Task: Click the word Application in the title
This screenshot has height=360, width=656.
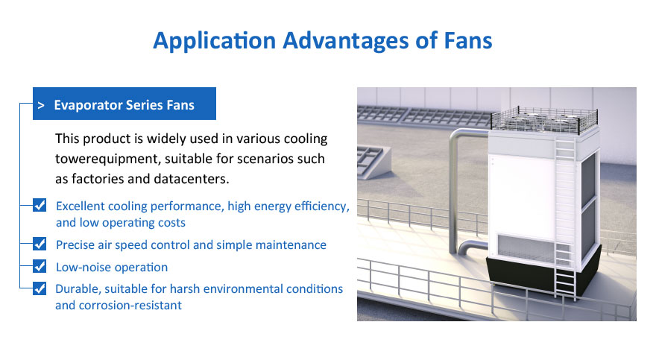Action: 214,41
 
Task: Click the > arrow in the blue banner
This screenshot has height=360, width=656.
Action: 40,105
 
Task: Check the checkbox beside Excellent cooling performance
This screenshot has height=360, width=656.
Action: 40,205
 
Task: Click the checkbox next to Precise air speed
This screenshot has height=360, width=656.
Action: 40,244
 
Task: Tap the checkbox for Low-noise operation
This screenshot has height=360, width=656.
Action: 40,266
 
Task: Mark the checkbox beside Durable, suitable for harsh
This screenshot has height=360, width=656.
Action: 40,288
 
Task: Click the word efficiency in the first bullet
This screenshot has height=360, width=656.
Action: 322,206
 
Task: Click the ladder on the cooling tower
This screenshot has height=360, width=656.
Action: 565,218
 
